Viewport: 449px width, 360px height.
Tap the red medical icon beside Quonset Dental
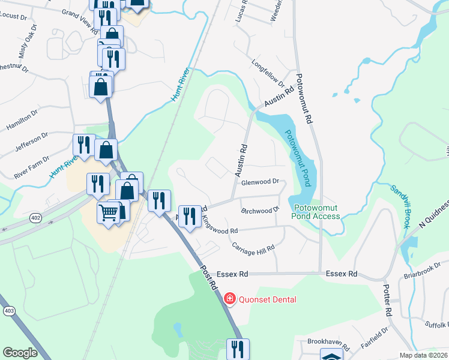[229, 299]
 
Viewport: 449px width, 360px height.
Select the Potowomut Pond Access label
[316, 212]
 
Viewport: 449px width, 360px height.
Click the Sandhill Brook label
[400, 206]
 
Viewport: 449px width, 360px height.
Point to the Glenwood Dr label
[261, 182]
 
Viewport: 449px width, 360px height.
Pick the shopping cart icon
[109, 212]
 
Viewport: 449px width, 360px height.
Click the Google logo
[20, 352]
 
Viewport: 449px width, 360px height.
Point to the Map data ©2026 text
[423, 355]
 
